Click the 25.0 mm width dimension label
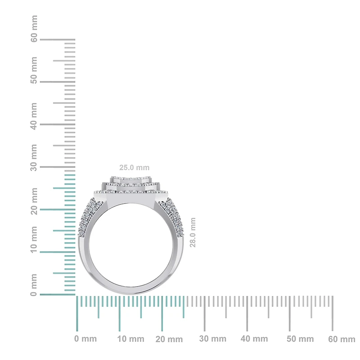pos(134,167)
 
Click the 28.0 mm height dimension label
pos(193,233)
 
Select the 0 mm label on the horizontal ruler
pos(85,339)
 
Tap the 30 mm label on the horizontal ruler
pos(212,339)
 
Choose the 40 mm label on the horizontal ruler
pos(254,339)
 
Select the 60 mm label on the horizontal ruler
pos(342,339)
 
